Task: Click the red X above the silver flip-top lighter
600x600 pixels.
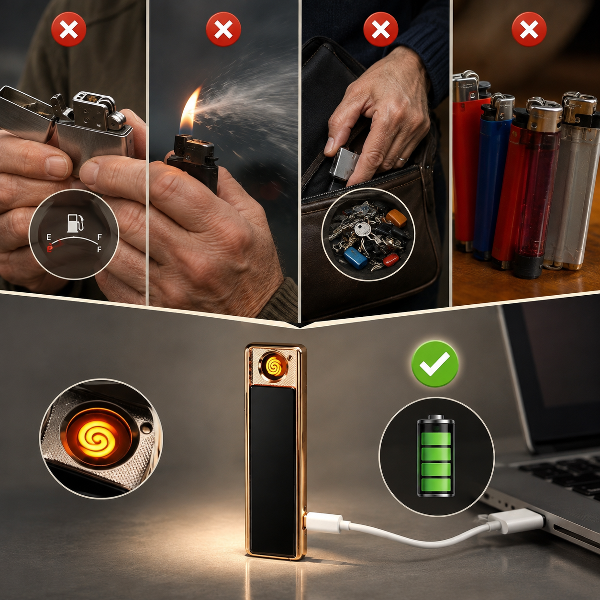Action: coord(69,29)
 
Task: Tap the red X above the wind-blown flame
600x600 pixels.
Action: coord(223,29)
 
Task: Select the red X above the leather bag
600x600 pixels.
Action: coord(381,29)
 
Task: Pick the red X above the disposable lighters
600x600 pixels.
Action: coord(529,29)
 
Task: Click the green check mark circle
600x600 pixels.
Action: coord(434,364)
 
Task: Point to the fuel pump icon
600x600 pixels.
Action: coord(75,223)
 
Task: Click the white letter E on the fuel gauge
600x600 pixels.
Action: coord(49,237)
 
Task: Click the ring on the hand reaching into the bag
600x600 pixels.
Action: coord(403,159)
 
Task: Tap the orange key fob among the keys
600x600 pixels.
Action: coord(396,218)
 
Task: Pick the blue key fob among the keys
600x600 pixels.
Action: coord(355,257)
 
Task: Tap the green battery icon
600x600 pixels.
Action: coord(436,456)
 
